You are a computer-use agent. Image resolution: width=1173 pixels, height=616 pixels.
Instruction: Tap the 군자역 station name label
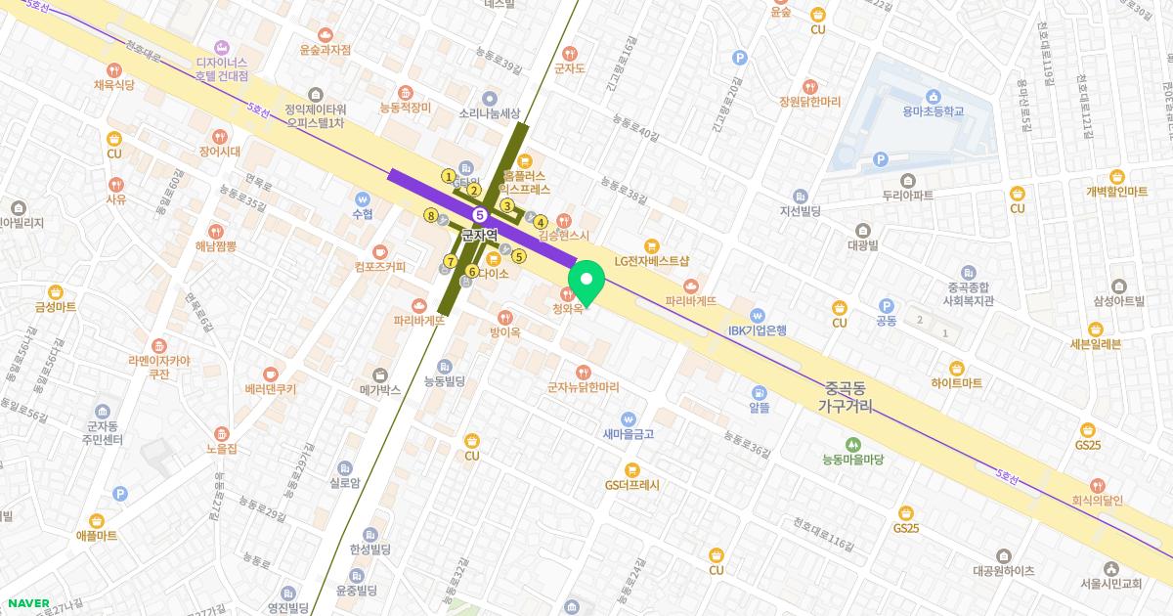point(479,236)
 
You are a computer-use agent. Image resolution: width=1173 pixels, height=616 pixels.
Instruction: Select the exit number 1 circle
point(449,177)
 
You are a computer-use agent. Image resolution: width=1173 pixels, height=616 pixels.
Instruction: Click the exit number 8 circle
point(430,215)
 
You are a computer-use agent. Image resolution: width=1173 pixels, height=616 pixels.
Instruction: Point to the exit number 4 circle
point(541,222)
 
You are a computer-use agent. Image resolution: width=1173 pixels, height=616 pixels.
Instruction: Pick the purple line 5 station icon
point(479,214)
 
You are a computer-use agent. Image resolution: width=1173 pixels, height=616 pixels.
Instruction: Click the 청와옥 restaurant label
point(567,308)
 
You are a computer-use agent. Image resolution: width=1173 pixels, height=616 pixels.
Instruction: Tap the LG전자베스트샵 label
point(652,261)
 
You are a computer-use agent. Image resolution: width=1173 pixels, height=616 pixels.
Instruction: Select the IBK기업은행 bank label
point(758,330)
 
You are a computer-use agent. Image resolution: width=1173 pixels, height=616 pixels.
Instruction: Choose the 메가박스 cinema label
point(380,389)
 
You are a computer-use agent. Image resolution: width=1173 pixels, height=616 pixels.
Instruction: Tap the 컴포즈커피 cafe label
point(380,265)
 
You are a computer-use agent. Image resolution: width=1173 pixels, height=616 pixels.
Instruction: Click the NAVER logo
point(28,602)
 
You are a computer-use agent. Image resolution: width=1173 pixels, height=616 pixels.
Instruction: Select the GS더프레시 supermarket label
point(631,484)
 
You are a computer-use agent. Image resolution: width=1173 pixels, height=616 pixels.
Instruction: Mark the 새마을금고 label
point(628,432)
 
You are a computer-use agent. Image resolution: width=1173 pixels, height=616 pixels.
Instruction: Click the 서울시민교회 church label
point(1111,584)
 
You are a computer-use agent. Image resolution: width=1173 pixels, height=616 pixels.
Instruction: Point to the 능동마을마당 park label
point(852,458)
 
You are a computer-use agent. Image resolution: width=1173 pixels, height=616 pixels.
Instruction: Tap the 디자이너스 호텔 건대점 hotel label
point(222,68)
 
